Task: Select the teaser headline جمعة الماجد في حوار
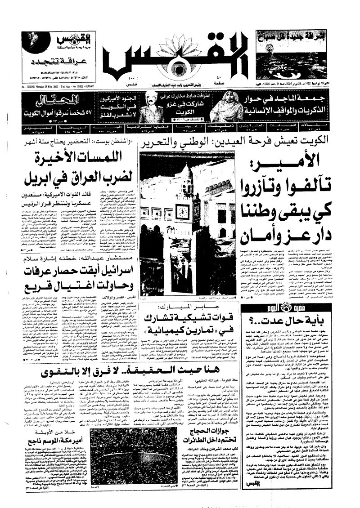coord(292,100)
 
